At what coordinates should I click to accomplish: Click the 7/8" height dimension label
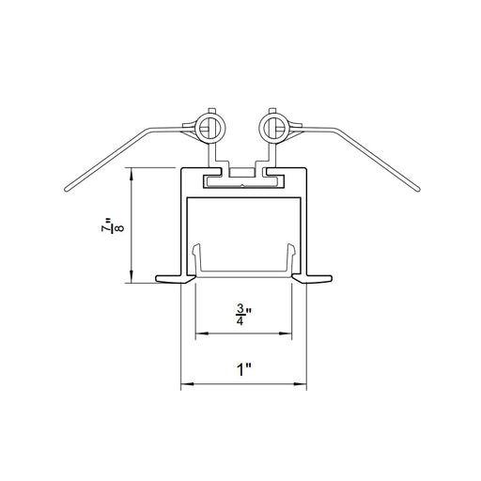[x=113, y=225]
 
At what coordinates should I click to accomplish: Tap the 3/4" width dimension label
[x=243, y=316]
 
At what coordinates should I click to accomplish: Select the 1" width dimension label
[x=244, y=369]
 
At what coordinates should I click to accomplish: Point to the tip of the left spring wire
[x=66, y=190]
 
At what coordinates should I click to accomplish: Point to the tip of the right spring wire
[x=418, y=190]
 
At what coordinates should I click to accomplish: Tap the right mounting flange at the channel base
[x=312, y=278]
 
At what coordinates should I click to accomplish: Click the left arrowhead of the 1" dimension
[x=187, y=384]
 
